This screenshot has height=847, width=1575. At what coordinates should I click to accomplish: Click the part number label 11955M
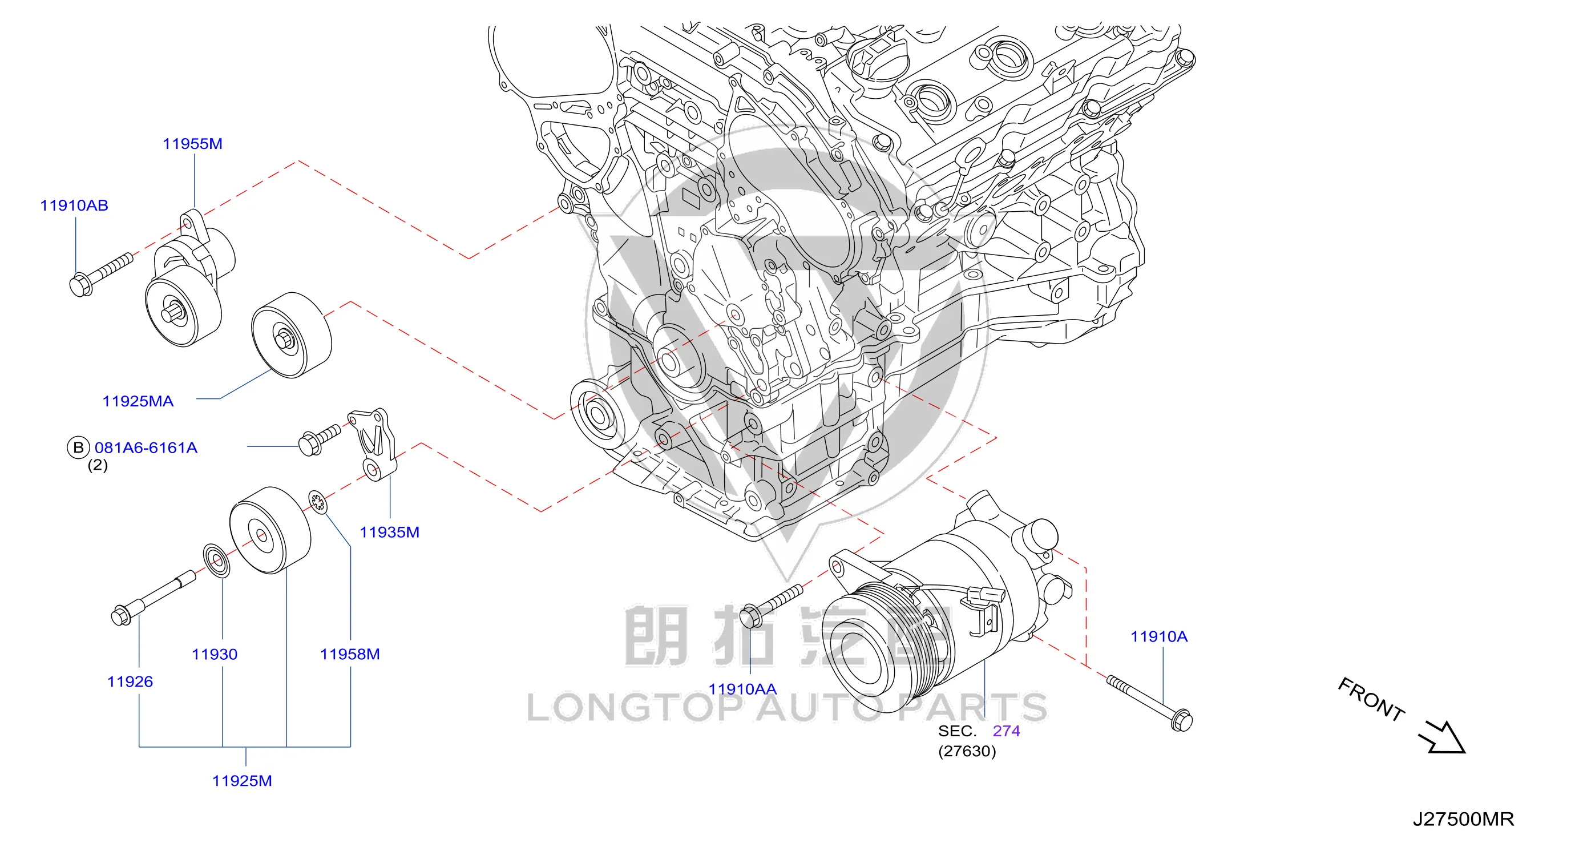(193, 144)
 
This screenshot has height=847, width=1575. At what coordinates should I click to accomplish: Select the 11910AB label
(74, 205)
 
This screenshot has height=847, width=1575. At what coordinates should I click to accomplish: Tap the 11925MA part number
(138, 401)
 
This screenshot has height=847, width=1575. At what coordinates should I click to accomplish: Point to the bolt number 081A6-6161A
(146, 447)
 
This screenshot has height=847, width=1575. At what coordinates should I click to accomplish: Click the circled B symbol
(78, 447)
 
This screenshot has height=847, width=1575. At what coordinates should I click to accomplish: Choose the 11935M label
(389, 532)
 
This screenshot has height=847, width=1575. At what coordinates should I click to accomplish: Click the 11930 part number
(215, 654)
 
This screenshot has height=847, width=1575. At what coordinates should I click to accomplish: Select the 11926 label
(130, 682)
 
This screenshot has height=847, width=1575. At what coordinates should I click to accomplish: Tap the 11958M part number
(350, 654)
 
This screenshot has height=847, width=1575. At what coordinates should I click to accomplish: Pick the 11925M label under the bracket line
(242, 781)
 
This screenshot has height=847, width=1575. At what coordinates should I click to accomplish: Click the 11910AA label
(742, 689)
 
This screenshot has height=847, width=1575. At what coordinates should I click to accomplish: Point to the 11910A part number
(1158, 636)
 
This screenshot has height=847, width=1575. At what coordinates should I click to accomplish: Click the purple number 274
(1007, 731)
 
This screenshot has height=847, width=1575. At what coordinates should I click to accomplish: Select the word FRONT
(1371, 699)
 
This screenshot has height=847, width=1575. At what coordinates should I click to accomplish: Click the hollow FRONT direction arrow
(1444, 737)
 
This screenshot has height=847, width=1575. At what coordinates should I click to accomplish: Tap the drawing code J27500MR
(1463, 819)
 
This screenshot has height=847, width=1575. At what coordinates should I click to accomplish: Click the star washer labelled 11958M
(317, 502)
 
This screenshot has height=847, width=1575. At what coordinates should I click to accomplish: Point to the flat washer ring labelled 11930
(216, 560)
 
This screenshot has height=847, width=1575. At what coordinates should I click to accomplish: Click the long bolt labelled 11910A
(1149, 703)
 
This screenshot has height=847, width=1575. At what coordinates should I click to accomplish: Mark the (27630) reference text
(967, 751)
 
